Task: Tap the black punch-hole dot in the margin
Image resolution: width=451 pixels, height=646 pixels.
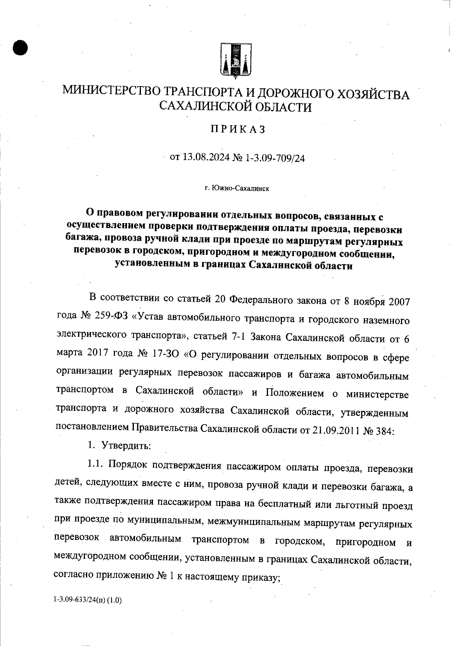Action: [x=20, y=48]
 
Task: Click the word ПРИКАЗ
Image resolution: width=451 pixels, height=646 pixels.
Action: [x=238, y=130]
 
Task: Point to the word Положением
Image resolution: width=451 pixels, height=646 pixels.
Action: [x=295, y=393]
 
